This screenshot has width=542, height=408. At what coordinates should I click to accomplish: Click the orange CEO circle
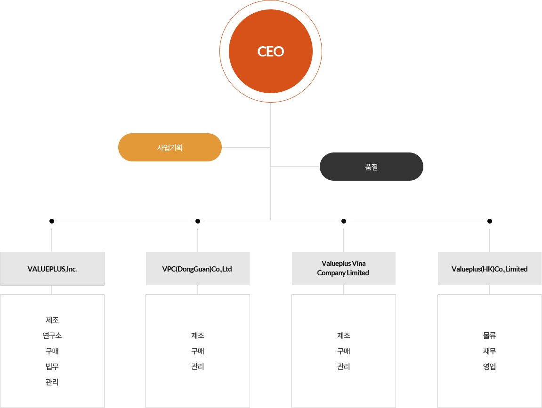(x=271, y=51)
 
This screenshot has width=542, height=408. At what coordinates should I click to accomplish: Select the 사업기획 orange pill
(x=170, y=147)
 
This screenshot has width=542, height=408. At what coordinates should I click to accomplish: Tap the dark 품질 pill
(x=371, y=167)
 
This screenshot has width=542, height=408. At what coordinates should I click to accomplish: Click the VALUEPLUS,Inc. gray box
(x=52, y=269)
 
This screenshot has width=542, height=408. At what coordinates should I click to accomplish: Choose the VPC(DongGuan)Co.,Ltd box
(x=198, y=269)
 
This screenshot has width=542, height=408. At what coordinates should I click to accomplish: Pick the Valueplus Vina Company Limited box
(x=344, y=269)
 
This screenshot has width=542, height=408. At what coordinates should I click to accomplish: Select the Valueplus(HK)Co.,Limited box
(x=489, y=269)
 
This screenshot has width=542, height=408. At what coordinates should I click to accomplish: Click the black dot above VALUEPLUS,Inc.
(x=51, y=221)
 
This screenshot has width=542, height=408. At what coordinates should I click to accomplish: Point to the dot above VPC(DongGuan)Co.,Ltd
(x=198, y=221)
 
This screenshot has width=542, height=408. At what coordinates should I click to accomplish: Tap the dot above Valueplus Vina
(x=344, y=221)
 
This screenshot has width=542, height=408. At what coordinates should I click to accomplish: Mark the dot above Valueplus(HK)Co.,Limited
(x=489, y=221)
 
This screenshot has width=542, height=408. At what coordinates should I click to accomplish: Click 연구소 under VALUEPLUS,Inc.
(x=52, y=336)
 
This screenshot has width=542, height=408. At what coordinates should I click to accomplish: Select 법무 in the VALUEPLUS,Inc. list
(x=52, y=367)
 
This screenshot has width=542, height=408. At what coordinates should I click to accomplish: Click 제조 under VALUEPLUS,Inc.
(x=52, y=320)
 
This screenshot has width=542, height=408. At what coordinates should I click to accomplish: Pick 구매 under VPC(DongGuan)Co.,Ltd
(x=198, y=351)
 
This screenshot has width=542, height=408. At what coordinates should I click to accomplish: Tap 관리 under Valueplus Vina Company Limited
(x=344, y=367)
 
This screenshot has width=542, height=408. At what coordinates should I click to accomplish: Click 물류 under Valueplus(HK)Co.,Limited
(x=489, y=336)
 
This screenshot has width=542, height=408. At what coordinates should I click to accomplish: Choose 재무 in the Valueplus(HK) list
(x=489, y=351)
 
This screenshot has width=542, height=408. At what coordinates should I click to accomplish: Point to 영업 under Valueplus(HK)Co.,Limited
(x=489, y=367)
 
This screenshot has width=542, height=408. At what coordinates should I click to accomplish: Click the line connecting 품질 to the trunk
(x=295, y=167)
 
